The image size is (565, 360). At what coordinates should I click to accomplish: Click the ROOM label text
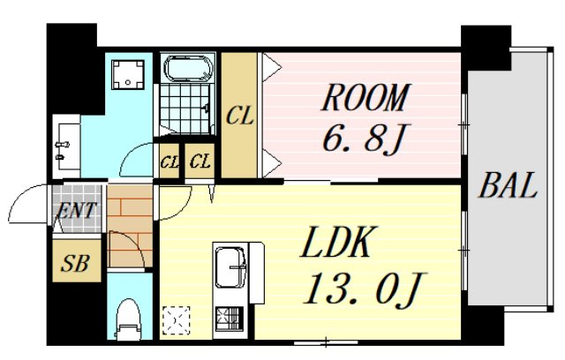pyautogui.click(x=365, y=97)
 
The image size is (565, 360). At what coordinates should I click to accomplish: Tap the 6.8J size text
pyautogui.click(x=365, y=139)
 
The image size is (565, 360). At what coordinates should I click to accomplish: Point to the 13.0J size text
pyautogui.click(x=364, y=289)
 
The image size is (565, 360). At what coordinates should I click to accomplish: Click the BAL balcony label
pyautogui.click(x=508, y=185)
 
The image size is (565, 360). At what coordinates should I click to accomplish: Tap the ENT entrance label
pyautogui.click(x=77, y=210)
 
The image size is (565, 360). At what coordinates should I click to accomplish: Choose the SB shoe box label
pyautogui.click(x=75, y=263)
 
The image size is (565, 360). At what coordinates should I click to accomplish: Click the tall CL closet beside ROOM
pyautogui.click(x=239, y=116)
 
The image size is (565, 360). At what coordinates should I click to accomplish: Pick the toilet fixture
pyautogui.click(x=129, y=319)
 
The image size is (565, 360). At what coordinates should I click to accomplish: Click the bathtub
pyautogui.click(x=188, y=69)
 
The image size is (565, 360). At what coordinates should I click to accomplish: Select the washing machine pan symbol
pyautogui.click(x=128, y=74)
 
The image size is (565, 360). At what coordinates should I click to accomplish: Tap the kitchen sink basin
pyautogui.click(x=230, y=267)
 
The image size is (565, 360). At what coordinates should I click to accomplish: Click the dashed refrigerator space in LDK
pyautogui.click(x=177, y=320)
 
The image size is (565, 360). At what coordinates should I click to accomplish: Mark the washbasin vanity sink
pyautogui.click(x=67, y=146)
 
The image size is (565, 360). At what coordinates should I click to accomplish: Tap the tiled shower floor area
pyautogui.click(x=185, y=109)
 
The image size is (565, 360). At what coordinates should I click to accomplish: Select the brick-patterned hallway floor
pyautogui.click(x=130, y=226)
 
